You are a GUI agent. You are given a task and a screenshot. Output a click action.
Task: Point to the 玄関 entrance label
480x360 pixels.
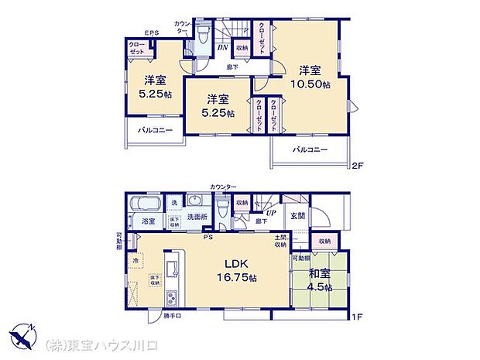tap(297, 217)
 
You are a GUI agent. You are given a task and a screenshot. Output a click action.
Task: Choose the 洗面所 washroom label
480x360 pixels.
tap(197, 216)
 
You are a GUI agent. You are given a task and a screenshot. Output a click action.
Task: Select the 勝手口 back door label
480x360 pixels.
tap(163, 316)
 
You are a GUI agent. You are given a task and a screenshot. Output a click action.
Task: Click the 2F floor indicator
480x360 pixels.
tap(357, 165)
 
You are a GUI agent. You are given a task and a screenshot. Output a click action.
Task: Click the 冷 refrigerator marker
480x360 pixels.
tap(135, 261)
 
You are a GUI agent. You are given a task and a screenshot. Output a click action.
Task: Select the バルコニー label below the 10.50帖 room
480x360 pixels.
tap(310, 149)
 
